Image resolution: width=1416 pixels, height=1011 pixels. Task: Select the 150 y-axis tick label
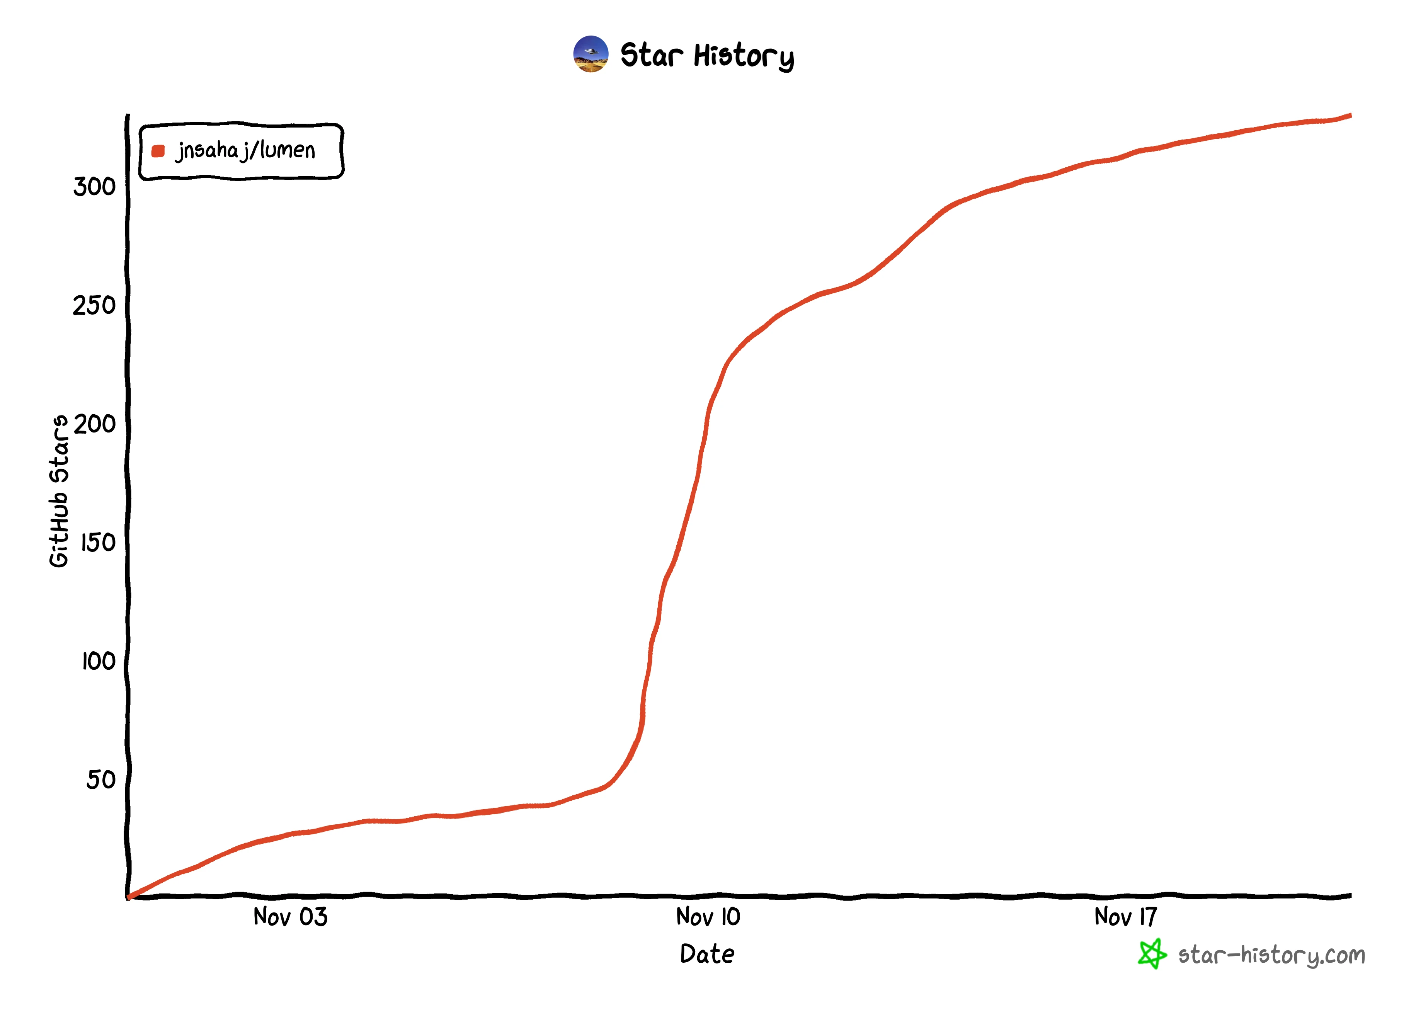(98, 543)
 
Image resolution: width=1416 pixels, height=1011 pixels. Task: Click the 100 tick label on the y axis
(98, 661)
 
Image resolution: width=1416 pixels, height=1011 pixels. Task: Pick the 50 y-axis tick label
(101, 780)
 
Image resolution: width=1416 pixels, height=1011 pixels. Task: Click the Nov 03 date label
(290, 917)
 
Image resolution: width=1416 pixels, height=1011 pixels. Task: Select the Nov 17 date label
(1125, 917)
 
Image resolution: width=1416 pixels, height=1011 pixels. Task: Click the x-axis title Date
(707, 954)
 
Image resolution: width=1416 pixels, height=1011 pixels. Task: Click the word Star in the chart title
(651, 55)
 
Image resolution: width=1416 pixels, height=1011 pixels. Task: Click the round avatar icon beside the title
(591, 54)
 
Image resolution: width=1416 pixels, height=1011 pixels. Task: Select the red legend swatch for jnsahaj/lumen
(158, 151)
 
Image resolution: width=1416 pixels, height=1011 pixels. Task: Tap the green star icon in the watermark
(1152, 954)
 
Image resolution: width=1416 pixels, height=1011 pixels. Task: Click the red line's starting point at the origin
(129, 897)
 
